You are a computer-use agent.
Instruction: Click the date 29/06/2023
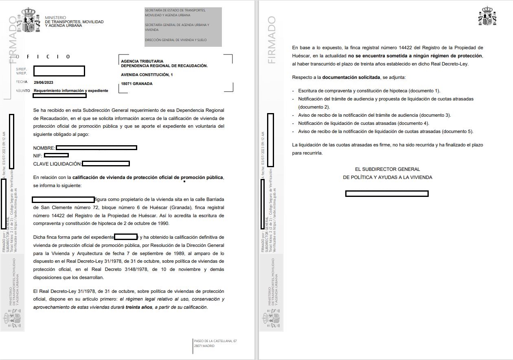pos(44,83)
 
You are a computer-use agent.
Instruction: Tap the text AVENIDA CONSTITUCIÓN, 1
pos(147,75)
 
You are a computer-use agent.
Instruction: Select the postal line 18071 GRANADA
pos(137,84)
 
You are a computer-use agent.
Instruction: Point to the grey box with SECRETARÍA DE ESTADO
pos(183,27)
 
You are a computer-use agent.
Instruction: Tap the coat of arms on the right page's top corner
pos(487,16)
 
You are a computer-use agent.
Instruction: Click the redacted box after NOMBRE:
pos(96,148)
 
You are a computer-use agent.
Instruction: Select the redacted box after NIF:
pos(56,155)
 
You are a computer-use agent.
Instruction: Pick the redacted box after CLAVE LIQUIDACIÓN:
pos(106,164)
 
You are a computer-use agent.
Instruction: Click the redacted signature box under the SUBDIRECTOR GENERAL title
pos(387,194)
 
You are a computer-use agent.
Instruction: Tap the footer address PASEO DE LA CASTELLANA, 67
pos(215,341)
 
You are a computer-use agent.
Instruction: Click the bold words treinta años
pos(139,307)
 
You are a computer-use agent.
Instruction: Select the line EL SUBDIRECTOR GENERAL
pos(387,169)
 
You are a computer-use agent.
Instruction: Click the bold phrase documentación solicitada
pos(352,77)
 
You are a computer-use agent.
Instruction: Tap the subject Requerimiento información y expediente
pos(71,91)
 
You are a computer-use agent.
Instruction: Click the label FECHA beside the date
pos(22,82)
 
